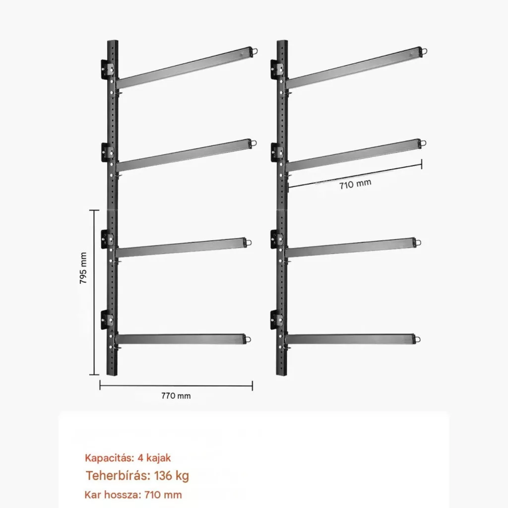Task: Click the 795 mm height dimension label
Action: click(83, 268)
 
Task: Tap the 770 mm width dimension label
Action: click(176, 395)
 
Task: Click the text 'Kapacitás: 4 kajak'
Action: click(127, 458)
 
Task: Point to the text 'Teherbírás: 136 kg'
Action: click(137, 476)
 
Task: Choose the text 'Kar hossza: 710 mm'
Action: click(133, 495)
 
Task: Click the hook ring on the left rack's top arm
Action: click(255, 51)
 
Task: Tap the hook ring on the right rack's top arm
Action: click(424, 51)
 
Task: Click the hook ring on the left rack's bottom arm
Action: click(248, 339)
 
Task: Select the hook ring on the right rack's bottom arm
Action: click(417, 339)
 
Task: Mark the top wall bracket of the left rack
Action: click(108, 68)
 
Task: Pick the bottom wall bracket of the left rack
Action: click(108, 319)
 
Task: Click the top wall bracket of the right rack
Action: click(277, 68)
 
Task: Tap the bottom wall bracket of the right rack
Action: click(277, 319)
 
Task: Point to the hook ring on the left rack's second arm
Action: click(254, 143)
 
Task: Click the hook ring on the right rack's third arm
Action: click(418, 242)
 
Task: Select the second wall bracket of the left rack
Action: click(108, 152)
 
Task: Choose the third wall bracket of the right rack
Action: click(277, 239)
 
